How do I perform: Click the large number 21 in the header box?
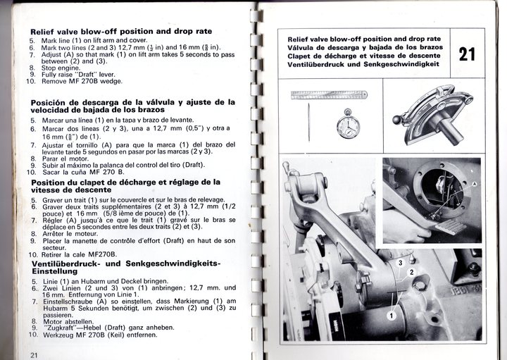coord(466,54)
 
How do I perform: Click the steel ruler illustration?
coord(330,94)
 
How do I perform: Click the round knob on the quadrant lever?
coord(397,120)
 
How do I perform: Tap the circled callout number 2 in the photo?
coord(413,271)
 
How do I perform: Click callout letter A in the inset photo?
coord(474,182)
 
